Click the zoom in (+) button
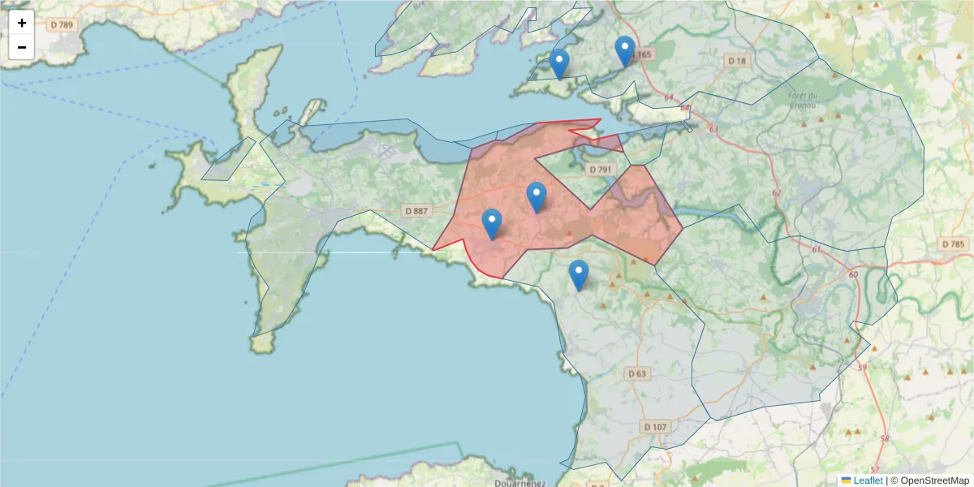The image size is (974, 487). click(22, 23)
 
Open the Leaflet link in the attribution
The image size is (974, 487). click(868, 481)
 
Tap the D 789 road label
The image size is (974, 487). click(62, 25)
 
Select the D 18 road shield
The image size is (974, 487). click(737, 61)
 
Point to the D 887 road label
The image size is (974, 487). click(415, 211)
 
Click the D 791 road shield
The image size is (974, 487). click(600, 169)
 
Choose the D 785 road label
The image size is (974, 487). click(954, 244)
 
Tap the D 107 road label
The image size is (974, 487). click(654, 427)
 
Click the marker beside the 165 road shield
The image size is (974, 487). click(624, 51)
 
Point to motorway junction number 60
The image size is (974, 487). click(852, 274)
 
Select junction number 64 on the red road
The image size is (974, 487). click(669, 97)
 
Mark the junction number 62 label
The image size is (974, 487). click(777, 192)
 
